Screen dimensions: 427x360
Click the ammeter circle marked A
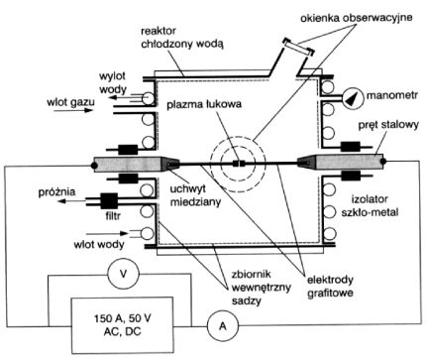(223, 326)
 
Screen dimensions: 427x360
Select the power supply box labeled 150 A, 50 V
(122, 325)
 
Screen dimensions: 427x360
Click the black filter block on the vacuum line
(109, 200)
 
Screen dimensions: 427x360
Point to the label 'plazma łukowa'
(204, 104)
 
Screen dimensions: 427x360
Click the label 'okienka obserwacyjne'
(357, 18)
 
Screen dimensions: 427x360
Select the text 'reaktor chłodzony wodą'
(182, 37)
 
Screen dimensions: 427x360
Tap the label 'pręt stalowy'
(388, 125)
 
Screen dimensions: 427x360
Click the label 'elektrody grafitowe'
(330, 287)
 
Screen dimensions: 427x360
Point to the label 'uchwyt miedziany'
(195, 195)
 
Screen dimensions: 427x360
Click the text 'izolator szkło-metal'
(370, 205)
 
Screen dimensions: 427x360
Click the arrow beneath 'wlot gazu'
(73, 110)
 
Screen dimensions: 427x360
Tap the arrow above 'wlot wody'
(108, 233)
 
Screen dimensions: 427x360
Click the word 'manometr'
(392, 95)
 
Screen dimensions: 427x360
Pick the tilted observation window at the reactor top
(298, 47)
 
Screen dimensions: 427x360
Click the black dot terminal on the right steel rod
(382, 162)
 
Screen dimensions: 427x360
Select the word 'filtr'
(113, 216)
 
